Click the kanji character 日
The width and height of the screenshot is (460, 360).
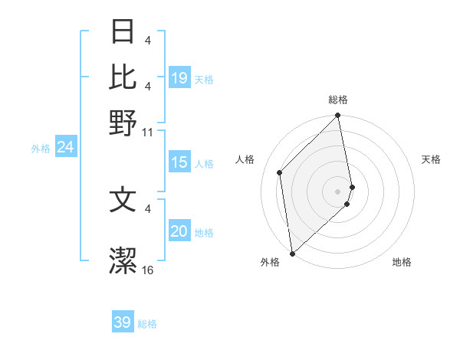123,33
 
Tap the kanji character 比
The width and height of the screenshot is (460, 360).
123,78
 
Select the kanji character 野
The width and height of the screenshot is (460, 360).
123,123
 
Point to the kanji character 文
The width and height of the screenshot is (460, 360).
123,200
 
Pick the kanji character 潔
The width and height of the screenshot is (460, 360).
123,261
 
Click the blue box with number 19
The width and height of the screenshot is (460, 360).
179,78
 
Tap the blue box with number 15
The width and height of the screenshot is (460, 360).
179,162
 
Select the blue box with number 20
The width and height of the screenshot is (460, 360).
179,231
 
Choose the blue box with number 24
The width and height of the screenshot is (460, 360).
65,147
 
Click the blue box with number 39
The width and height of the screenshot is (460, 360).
123,322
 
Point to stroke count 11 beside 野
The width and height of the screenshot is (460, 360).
148,133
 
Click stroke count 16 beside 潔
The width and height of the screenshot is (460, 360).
148,270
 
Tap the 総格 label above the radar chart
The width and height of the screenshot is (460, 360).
338,100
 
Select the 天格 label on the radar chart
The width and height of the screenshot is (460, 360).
431,159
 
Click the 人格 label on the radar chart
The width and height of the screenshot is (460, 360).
245,159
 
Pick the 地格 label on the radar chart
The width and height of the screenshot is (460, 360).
402,263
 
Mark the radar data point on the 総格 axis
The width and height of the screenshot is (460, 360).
338,116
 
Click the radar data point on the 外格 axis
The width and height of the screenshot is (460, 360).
292,253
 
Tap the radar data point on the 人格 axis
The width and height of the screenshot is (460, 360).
280,172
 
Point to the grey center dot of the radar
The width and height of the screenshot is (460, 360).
338,191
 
